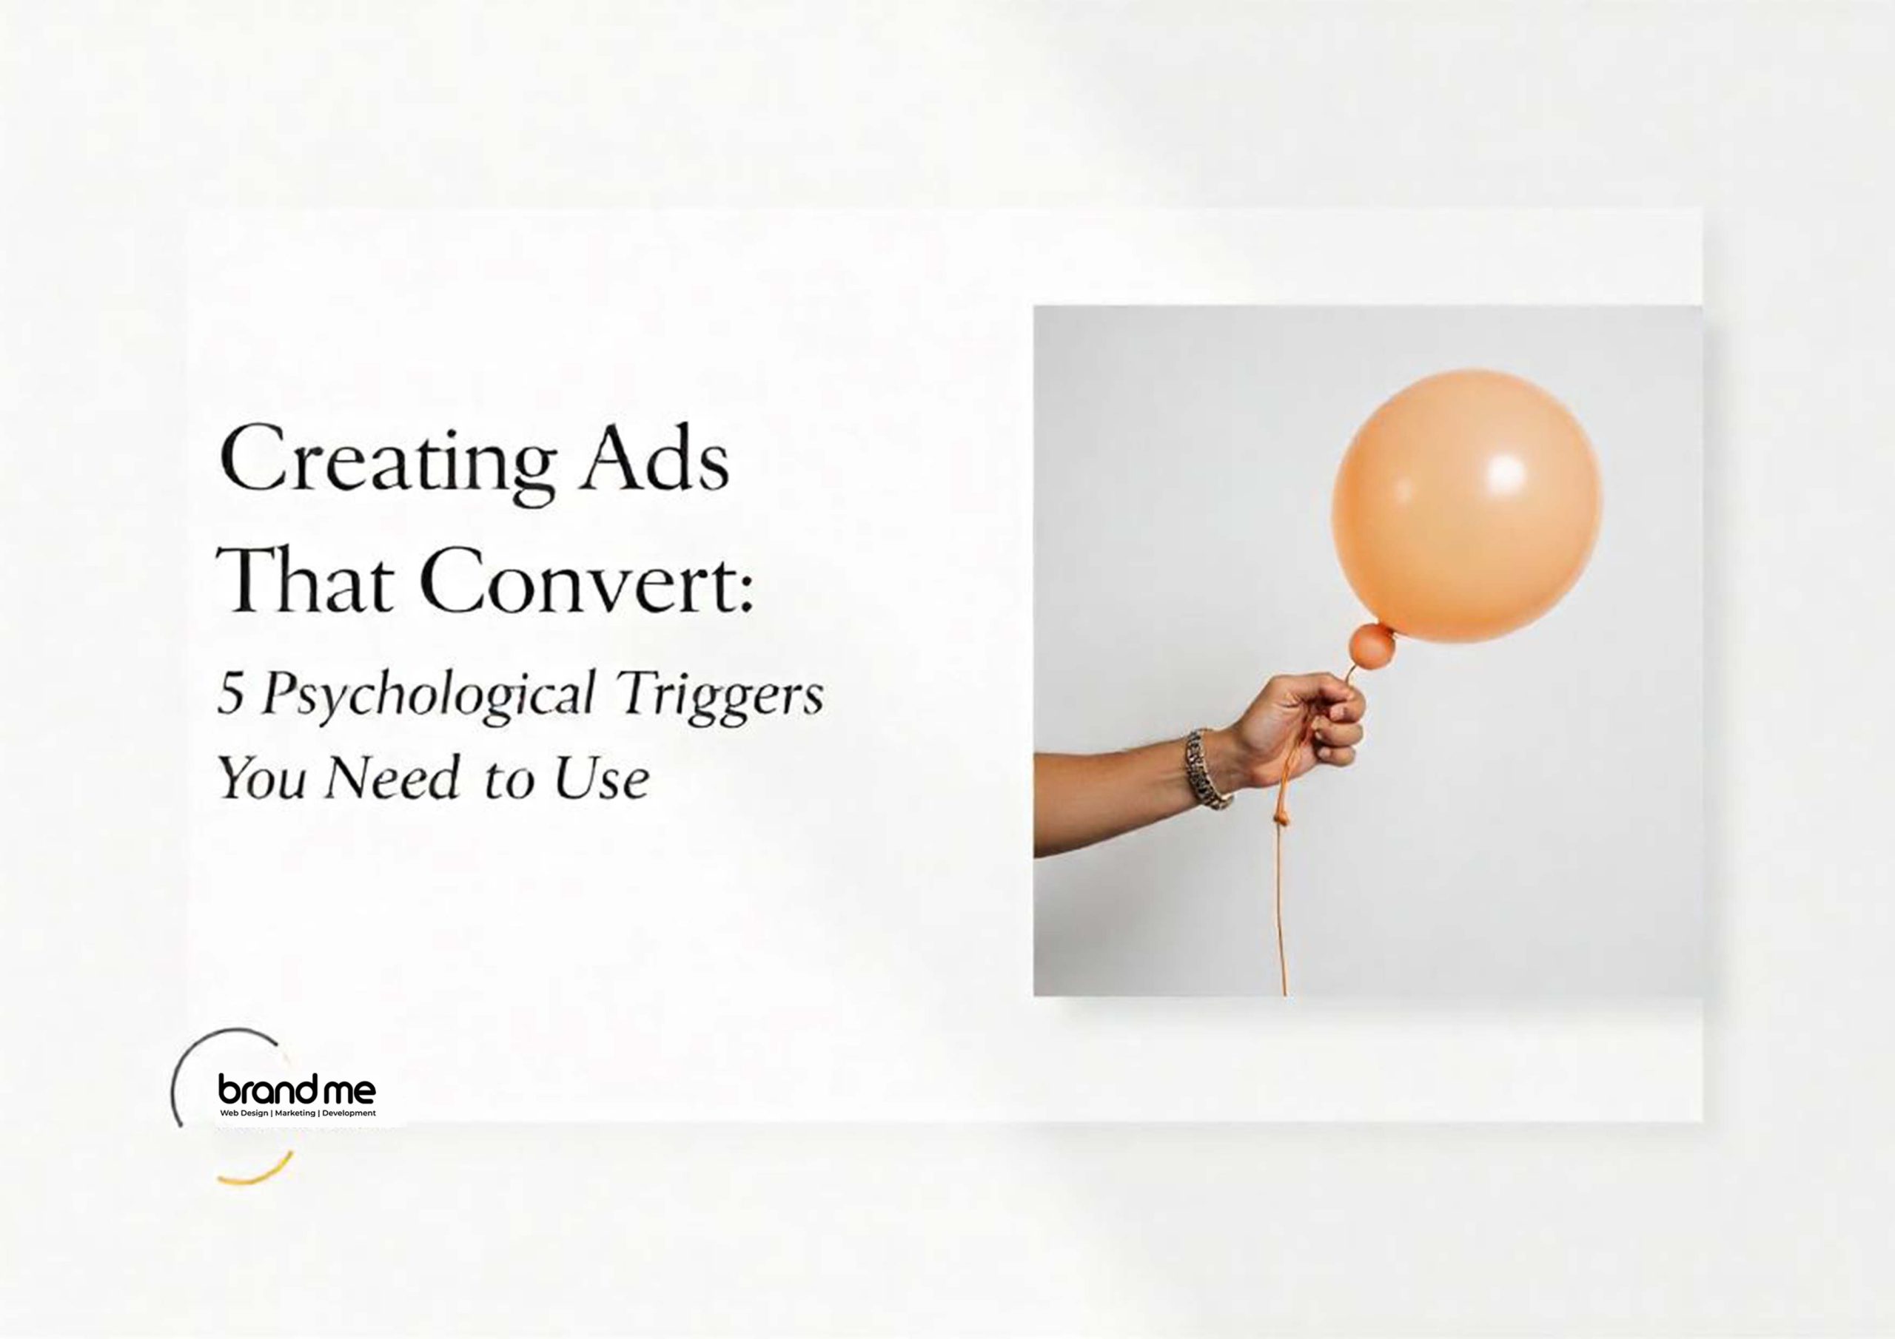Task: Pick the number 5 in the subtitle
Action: pyautogui.click(x=229, y=695)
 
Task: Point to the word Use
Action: pyautogui.click(x=601, y=778)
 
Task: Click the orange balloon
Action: pyautogui.click(x=1466, y=505)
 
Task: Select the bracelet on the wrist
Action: pyautogui.click(x=1207, y=766)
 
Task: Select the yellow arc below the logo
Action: pyautogui.click(x=258, y=1173)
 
